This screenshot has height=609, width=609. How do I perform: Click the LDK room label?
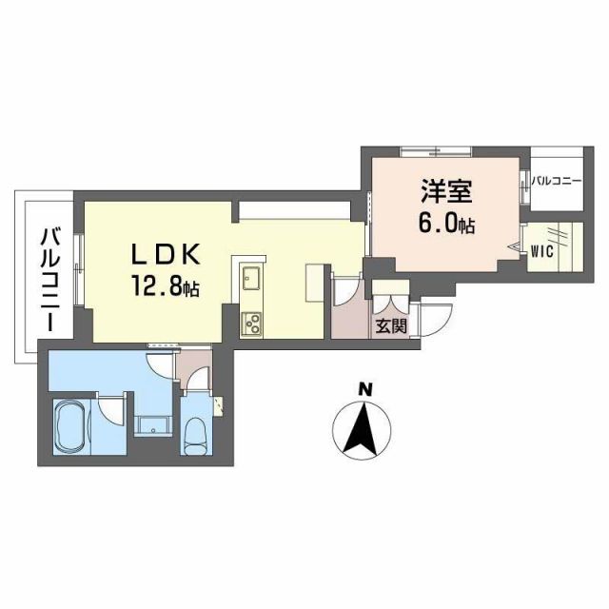pos(165,255)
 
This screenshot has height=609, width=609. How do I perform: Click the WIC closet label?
pos(542,251)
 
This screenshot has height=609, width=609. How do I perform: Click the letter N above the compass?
pos(364,388)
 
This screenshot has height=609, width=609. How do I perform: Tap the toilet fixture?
pos(197,435)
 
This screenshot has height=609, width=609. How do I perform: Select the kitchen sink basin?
pos(252,279)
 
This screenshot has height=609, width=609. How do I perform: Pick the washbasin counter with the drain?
pos(151,425)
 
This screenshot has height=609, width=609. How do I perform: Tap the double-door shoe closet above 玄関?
pos(389,299)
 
